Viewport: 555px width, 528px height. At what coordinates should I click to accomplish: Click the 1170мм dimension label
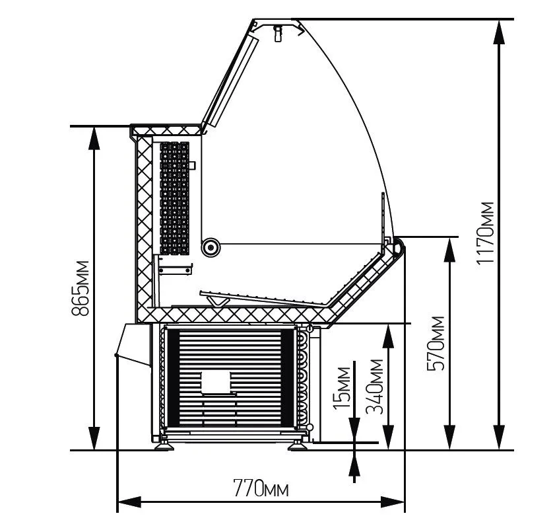485,233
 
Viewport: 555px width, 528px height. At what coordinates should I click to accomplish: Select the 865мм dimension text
80,288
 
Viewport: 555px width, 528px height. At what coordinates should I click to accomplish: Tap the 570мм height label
436,344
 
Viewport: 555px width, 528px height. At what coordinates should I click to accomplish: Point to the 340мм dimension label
374,387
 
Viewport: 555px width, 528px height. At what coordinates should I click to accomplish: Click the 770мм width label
261,488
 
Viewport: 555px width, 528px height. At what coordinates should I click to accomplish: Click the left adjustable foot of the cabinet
164,445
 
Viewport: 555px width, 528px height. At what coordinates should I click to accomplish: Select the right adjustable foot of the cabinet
298,445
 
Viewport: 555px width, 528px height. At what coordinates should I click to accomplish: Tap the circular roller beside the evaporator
211,247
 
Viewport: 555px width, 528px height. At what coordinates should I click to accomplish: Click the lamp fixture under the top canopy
278,33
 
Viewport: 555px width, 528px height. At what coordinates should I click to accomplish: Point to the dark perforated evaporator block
174,198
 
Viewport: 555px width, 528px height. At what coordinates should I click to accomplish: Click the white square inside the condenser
216,382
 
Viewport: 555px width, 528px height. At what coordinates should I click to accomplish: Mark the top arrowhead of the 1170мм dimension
499,32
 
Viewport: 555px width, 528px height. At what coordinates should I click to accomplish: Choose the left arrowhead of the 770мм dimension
129,502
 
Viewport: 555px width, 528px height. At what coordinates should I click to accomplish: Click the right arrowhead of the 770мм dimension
393,502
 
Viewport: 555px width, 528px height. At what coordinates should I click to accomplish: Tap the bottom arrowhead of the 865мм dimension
94,438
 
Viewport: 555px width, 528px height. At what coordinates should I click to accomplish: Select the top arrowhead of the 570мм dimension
449,250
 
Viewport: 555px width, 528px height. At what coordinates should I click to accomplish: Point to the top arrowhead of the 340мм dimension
388,336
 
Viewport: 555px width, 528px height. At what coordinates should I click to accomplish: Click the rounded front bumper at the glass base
400,247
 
